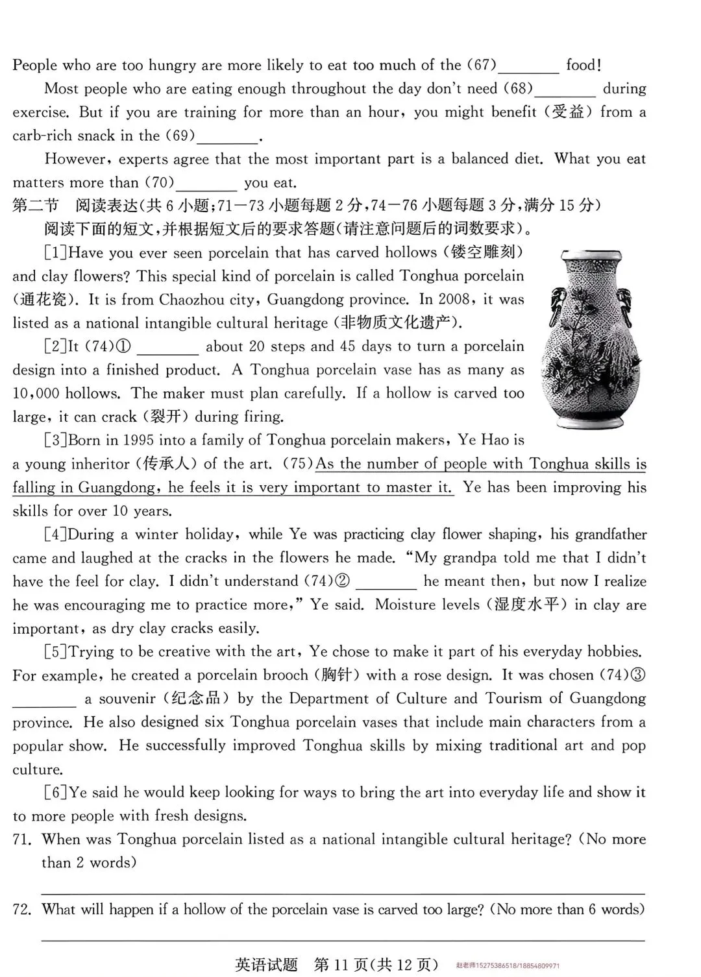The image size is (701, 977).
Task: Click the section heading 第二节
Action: [x=36, y=206]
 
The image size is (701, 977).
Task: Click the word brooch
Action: [x=284, y=675]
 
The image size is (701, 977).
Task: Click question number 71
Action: [x=22, y=839]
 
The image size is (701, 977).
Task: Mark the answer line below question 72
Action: [x=343, y=939]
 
